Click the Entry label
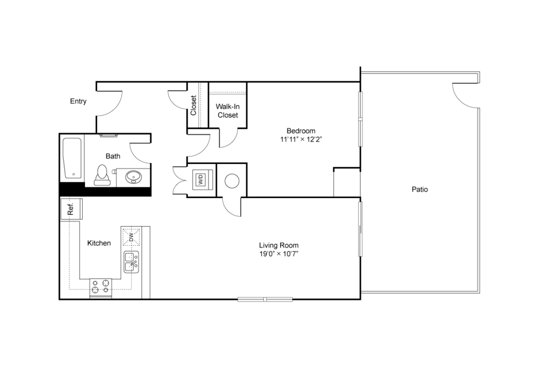pos(78,101)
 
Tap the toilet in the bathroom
pos(102,174)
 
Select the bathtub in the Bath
pos(72,158)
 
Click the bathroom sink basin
pos(133,176)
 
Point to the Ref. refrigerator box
pos(70,209)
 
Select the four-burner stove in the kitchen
pos(101,287)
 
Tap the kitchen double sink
pos(131,262)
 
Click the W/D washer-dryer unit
pos(202,179)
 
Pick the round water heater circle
pos(232,181)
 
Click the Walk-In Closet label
pos(227,110)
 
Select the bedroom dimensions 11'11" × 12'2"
pos(301,140)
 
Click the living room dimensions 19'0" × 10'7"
pos(279,254)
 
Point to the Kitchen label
pos(99,243)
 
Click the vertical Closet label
pos(194,105)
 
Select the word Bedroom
pos(301,131)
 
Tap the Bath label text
pos(113,156)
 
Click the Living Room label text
pos(279,245)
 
